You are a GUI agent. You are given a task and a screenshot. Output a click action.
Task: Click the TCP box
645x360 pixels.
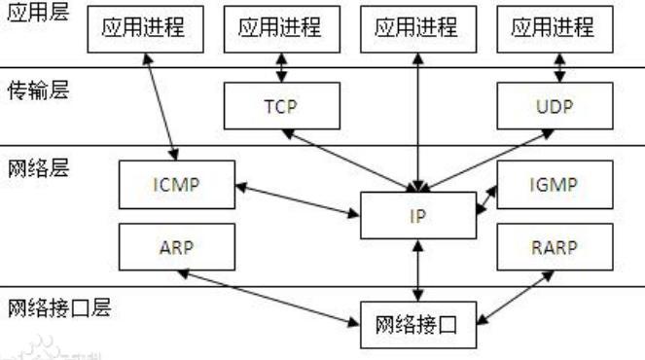(281, 104)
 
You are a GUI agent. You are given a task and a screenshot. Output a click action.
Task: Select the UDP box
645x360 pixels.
(554, 104)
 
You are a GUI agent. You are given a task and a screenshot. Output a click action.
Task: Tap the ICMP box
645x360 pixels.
(175, 183)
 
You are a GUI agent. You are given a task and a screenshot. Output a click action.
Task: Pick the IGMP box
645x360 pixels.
(554, 183)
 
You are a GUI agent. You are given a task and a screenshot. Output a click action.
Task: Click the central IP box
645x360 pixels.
(418, 215)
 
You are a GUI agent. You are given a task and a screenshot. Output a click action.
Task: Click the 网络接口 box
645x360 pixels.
(418, 324)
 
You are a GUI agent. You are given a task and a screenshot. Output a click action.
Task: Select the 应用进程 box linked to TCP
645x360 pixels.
(281, 28)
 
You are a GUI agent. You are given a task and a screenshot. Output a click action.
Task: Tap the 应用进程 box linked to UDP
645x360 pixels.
(554, 28)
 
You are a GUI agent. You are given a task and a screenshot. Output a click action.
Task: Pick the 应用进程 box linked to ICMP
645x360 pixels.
(145, 28)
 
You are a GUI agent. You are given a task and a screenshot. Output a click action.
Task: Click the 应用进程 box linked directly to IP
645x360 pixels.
(418, 28)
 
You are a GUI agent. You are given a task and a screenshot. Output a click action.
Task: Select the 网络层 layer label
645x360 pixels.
(34, 167)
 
